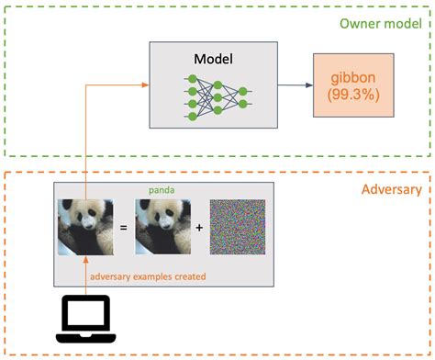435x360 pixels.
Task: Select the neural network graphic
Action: point(218,94)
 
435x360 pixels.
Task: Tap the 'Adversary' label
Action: point(391,190)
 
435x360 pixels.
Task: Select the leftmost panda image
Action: point(85,226)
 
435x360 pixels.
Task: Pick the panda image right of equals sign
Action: point(162,226)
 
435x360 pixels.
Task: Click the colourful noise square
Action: point(237,226)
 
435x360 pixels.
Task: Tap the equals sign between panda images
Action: point(123,227)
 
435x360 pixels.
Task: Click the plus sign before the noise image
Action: point(199,227)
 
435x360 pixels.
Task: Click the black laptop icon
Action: point(85,319)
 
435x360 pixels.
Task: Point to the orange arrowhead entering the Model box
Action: point(145,86)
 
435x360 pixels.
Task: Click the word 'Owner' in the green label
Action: point(354,24)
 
